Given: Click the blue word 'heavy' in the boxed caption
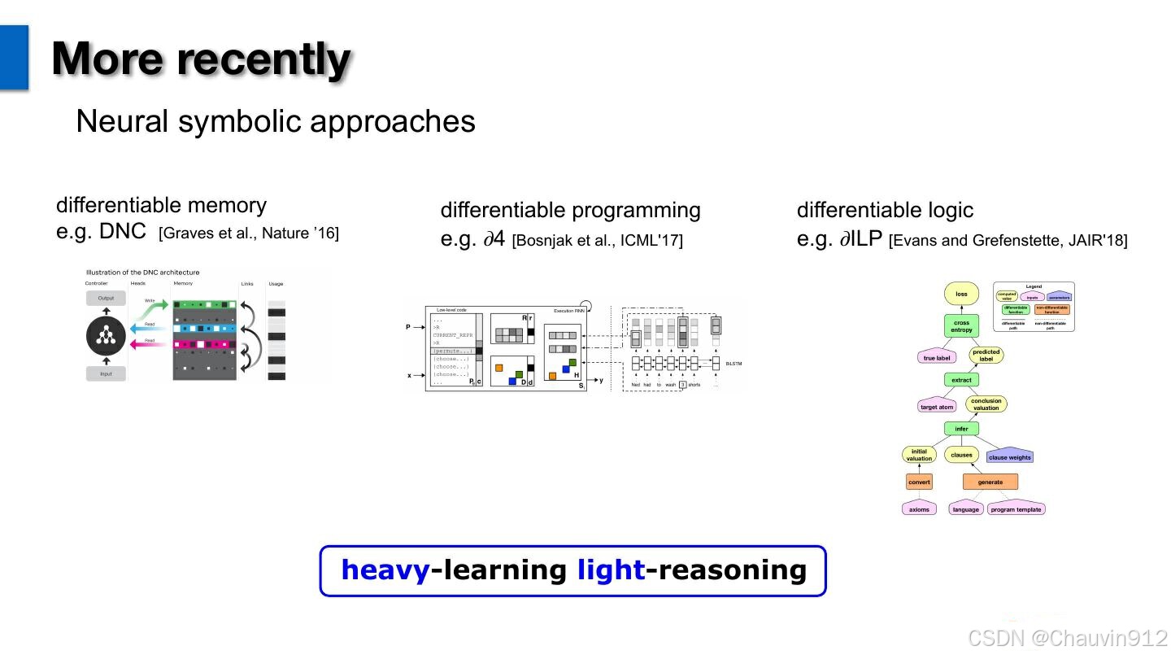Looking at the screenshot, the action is pyautogui.click(x=385, y=570).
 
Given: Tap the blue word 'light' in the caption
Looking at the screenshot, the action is pyautogui.click(x=611, y=570).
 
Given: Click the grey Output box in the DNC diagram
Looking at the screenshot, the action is pyautogui.click(x=106, y=298).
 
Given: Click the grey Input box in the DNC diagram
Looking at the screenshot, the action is pyautogui.click(x=106, y=373).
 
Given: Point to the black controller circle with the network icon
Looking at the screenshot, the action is pyautogui.click(x=106, y=335).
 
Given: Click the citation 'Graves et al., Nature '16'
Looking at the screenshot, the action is pyautogui.click(x=249, y=233).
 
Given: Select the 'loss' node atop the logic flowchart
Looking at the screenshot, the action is pyautogui.click(x=961, y=295).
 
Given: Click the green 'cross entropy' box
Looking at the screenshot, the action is pyautogui.click(x=961, y=326).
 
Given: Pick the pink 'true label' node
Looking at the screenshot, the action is pyautogui.click(x=937, y=358).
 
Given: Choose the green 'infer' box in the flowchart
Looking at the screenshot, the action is pyautogui.click(x=961, y=429).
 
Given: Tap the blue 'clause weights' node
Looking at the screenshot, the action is pyautogui.click(x=1009, y=457).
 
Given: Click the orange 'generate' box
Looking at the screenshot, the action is pyautogui.click(x=990, y=482).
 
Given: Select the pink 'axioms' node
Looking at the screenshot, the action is pyautogui.click(x=919, y=509).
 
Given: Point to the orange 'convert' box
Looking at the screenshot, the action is pyautogui.click(x=919, y=482).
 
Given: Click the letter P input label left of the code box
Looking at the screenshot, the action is pyautogui.click(x=408, y=327).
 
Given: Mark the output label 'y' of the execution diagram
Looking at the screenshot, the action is pyautogui.click(x=601, y=381).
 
